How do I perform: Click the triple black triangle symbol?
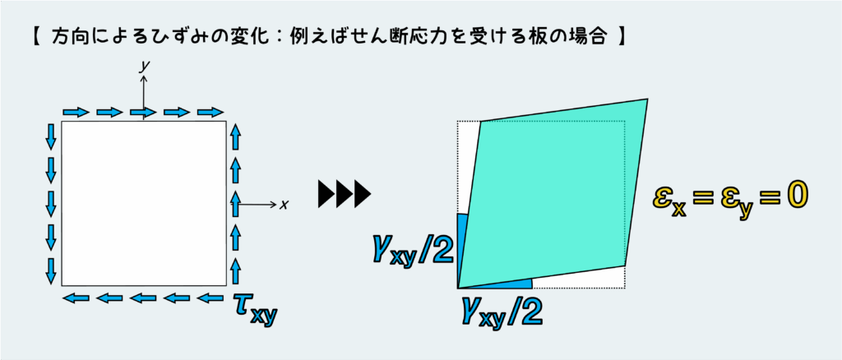345,194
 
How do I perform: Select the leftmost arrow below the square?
76,298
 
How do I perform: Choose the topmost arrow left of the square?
51,136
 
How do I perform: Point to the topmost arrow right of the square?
236,136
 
